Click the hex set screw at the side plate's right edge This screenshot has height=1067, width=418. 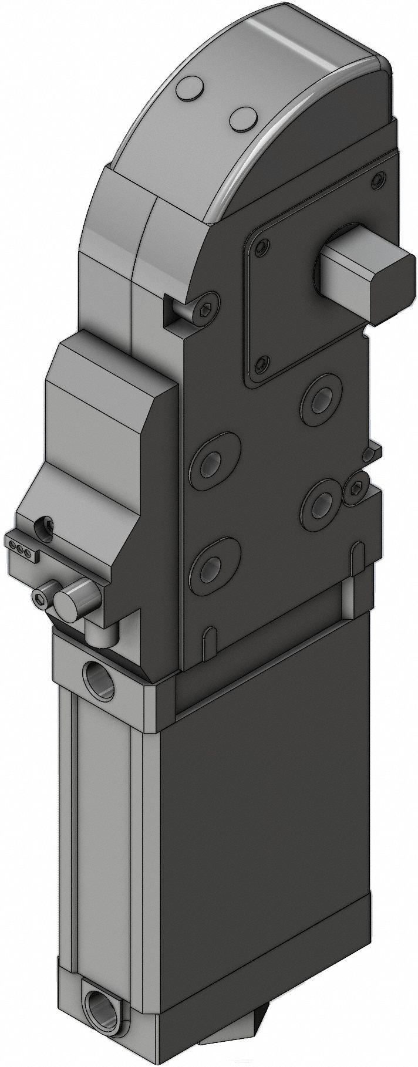356,487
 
